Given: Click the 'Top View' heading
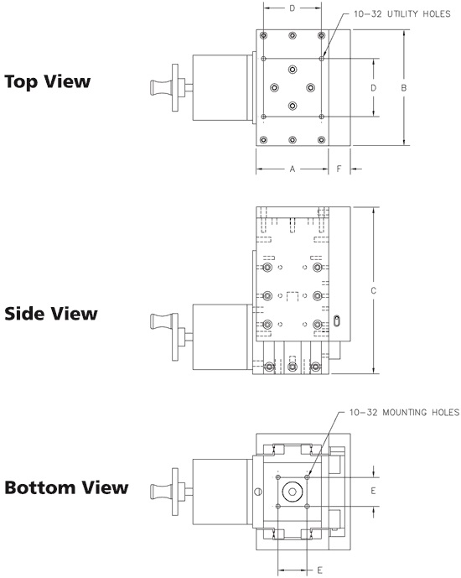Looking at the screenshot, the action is pyautogui.click(x=48, y=81).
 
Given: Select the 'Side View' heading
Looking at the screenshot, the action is pyautogui.click(x=51, y=314).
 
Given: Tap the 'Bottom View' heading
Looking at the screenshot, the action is pyautogui.click(x=66, y=487).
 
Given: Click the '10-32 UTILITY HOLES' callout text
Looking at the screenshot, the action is pyautogui.click(x=402, y=14).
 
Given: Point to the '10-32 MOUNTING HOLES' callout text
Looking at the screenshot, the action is pyautogui.click(x=404, y=412).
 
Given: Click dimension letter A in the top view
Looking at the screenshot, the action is pyautogui.click(x=293, y=169).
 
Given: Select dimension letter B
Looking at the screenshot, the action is pyautogui.click(x=404, y=88).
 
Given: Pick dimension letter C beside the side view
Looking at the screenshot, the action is pyautogui.click(x=373, y=291).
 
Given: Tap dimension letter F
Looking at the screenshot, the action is pyautogui.click(x=339, y=169).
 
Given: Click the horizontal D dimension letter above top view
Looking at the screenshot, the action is pyautogui.click(x=293, y=8).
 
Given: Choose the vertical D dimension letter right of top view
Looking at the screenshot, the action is pyautogui.click(x=373, y=88).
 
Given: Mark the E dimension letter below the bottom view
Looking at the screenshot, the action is pyautogui.click(x=319, y=570).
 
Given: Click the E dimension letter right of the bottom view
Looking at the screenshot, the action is pyautogui.click(x=373, y=491).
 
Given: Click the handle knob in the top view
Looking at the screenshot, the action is pyautogui.click(x=161, y=88).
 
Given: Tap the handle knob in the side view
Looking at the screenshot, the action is pyautogui.click(x=161, y=321).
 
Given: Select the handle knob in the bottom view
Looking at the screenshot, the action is pyautogui.click(x=161, y=491).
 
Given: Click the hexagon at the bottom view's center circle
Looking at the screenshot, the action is pyautogui.click(x=293, y=492).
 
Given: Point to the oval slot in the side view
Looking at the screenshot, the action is pyautogui.click(x=337, y=320).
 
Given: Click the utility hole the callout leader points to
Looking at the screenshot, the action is pyautogui.click(x=322, y=59).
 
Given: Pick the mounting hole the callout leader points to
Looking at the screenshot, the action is pyautogui.click(x=307, y=477).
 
